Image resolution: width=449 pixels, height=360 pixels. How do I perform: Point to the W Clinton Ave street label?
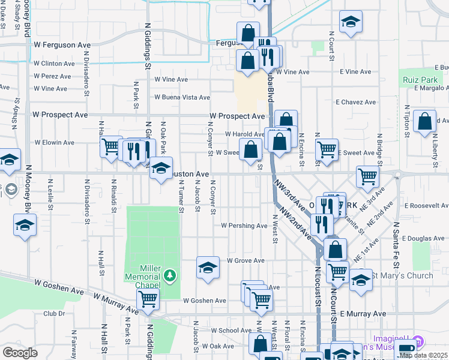[54, 64]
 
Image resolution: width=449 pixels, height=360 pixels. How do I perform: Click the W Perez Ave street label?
[53, 76]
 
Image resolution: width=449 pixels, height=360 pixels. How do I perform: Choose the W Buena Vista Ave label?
[182, 97]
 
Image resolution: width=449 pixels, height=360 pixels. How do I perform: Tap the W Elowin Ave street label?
[54, 143]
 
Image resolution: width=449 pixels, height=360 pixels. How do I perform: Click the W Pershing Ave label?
[244, 226]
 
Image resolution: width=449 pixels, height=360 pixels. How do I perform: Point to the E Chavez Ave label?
[356, 102]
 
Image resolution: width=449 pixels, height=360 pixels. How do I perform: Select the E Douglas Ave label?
[424, 238]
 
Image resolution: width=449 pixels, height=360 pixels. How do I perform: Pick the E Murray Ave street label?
[363, 313]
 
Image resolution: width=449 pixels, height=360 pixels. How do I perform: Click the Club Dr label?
[53, 313]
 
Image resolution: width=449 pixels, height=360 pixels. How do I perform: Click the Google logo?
[20, 353]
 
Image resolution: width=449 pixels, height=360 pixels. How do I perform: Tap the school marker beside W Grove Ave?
[208, 267]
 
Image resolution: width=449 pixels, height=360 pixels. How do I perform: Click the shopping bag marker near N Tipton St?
[425, 121]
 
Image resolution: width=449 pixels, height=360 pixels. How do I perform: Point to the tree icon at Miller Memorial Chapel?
[170, 275]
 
